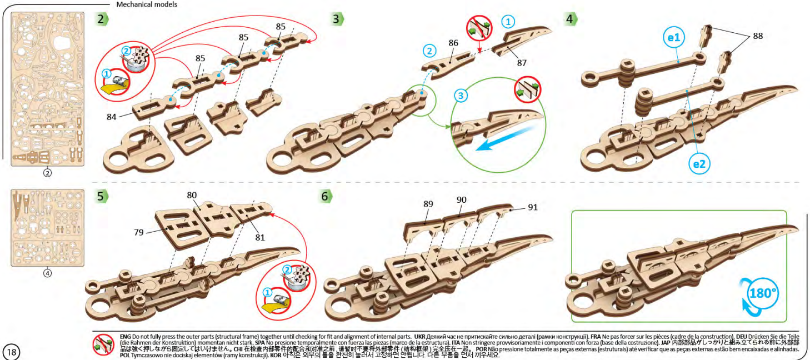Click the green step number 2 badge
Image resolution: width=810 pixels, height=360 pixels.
(x=101, y=18)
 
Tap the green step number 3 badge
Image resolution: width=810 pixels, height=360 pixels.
(x=337, y=18)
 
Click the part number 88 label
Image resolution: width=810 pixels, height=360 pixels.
(x=757, y=36)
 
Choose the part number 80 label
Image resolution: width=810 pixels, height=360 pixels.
(x=192, y=196)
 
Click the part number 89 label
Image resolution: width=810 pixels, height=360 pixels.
(x=427, y=204)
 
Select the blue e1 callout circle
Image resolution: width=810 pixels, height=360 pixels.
(x=675, y=38)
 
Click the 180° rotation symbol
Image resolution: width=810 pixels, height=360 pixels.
(x=761, y=292)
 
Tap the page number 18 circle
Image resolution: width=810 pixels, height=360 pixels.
(x=11, y=352)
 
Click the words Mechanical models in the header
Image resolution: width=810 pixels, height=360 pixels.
(x=147, y=4)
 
